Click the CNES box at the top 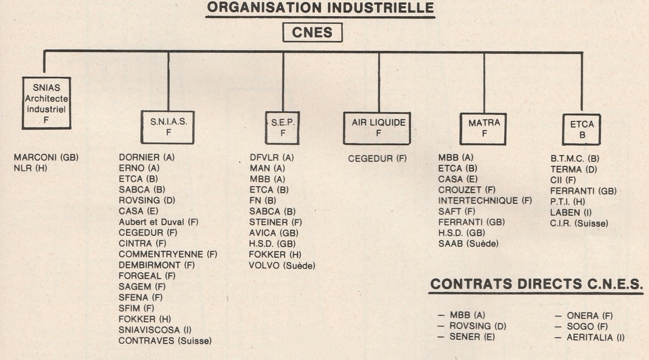tap(313, 33)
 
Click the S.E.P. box tap(282, 128)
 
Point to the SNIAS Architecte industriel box tap(47, 103)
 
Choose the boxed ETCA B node tap(581, 129)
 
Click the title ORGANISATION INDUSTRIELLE tap(321, 8)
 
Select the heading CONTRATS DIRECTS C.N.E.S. tap(537, 284)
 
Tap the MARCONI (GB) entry tap(46, 157)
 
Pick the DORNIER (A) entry tap(147, 157)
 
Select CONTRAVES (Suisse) tap(165, 341)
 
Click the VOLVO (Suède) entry tap(282, 265)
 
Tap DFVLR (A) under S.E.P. tap(271, 157)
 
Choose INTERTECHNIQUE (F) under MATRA tap(485, 201)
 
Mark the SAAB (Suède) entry tap(468, 244)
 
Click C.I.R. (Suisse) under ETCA tap(579, 223)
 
